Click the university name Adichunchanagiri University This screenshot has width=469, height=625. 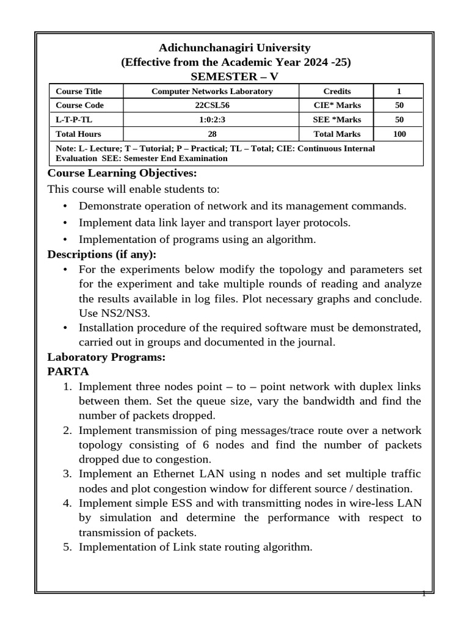click(235, 48)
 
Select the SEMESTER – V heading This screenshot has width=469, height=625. click(235, 76)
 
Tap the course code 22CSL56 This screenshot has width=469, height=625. click(212, 106)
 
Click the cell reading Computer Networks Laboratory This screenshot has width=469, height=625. click(212, 92)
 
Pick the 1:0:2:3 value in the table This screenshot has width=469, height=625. click(212, 120)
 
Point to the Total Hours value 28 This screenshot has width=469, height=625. click(212, 134)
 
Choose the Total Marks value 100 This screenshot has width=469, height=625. click(399, 134)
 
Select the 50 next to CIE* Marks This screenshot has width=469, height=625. click(399, 106)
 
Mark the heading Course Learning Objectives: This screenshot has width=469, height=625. click(114, 173)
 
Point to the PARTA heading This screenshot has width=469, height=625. click(68, 371)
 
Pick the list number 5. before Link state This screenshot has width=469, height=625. click(68, 547)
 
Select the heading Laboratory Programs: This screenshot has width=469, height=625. click(106, 358)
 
